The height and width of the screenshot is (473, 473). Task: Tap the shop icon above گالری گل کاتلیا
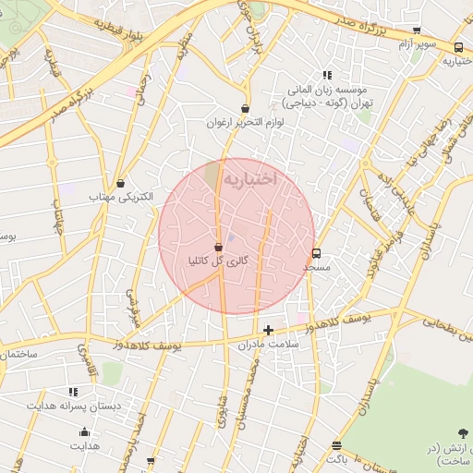(218, 248)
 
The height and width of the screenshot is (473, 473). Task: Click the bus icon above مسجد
(317, 252)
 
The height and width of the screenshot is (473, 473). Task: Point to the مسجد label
(317, 266)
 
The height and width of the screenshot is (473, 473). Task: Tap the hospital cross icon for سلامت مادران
(268, 330)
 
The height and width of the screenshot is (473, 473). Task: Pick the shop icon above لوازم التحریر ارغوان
(245, 108)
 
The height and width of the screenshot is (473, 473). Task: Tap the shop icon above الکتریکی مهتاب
(120, 183)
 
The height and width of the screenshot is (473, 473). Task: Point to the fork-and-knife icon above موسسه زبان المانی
(326, 76)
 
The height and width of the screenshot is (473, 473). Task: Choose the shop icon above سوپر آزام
(417, 30)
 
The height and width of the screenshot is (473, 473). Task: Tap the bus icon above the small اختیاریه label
(459, 47)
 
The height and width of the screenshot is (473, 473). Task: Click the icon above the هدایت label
(85, 431)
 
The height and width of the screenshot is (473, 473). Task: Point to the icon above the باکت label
(336, 445)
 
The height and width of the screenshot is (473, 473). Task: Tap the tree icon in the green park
(462, 432)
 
